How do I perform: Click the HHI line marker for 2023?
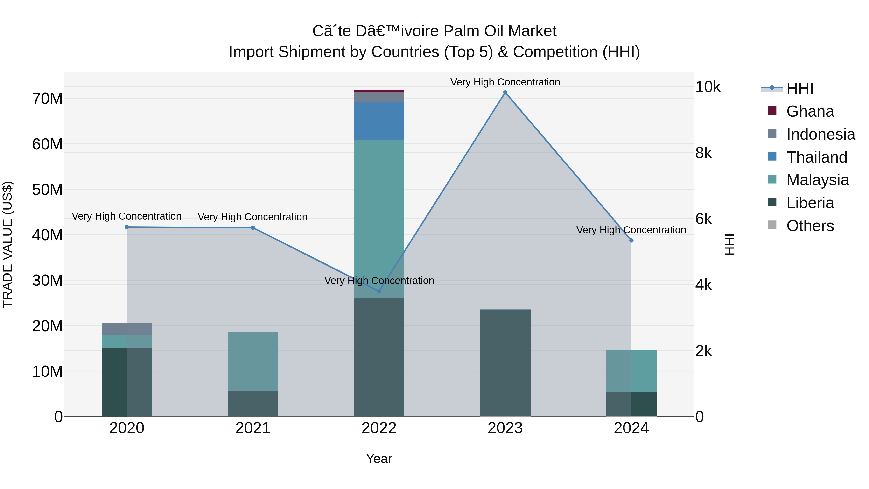point(505,92)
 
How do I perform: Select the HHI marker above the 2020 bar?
point(127,227)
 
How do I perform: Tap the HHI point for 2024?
point(631,241)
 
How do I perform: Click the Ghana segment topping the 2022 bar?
point(379,91)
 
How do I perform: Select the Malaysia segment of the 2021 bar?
point(253,361)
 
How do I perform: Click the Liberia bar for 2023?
point(505,363)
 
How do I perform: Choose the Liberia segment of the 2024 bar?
point(631,404)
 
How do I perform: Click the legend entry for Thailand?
point(816,157)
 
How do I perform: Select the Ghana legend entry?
point(810,111)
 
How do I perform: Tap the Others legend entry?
point(810,226)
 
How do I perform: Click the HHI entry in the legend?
point(799,88)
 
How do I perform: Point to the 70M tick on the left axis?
point(47,99)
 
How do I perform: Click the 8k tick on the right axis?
point(703,153)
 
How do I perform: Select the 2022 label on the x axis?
point(379,428)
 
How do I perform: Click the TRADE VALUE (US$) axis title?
point(7,244)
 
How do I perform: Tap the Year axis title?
point(379,459)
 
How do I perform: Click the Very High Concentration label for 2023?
point(505,82)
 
